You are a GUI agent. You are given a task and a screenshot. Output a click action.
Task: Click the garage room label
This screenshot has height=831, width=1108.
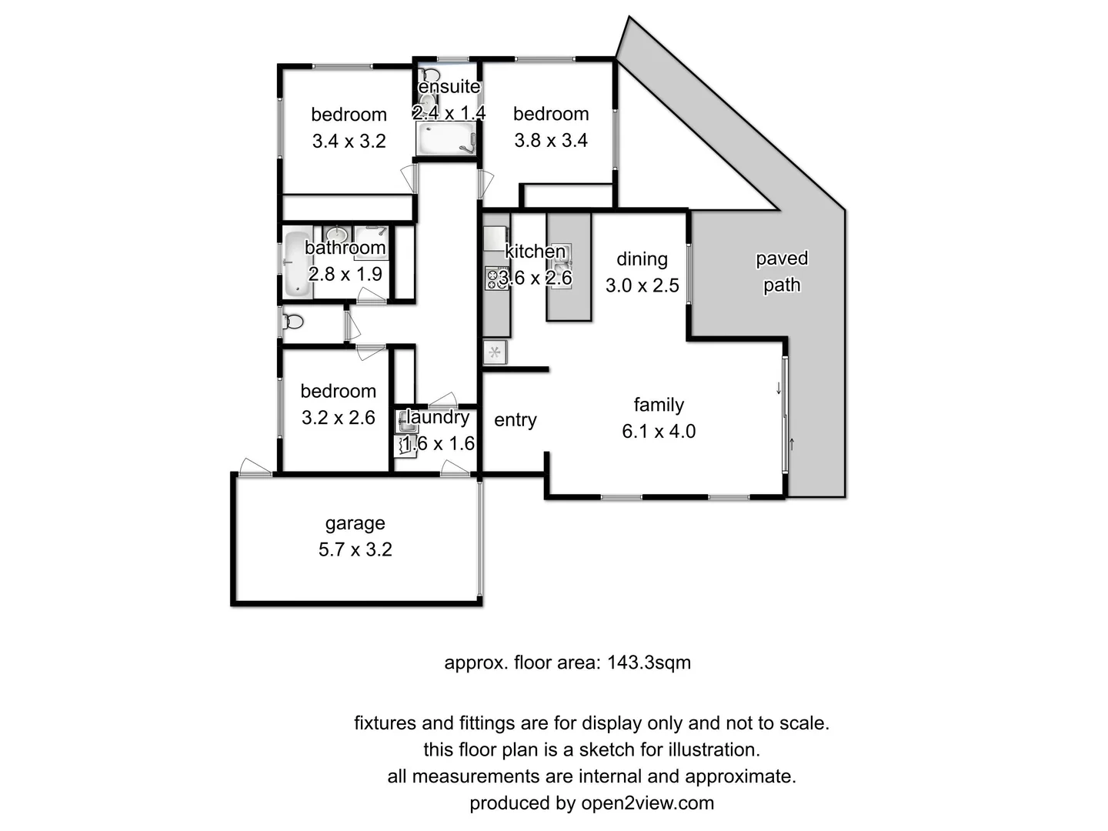(x=355, y=523)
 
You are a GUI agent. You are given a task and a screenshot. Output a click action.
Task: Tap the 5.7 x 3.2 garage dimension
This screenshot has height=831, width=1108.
(x=355, y=549)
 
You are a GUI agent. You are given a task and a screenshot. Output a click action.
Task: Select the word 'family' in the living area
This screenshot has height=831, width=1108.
(x=659, y=405)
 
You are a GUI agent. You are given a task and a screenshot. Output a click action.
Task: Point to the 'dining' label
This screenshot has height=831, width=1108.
(x=642, y=259)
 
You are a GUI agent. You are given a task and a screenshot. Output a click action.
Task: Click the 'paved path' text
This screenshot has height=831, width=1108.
(x=782, y=272)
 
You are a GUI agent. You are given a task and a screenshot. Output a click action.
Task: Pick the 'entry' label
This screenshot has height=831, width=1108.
(x=516, y=420)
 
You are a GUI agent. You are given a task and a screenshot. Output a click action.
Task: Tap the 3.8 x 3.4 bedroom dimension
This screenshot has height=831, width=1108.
(x=551, y=140)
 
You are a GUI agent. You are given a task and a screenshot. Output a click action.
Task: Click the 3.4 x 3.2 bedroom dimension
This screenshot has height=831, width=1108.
(x=349, y=141)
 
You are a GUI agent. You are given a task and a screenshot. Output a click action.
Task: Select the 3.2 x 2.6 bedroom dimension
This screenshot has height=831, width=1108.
(x=338, y=418)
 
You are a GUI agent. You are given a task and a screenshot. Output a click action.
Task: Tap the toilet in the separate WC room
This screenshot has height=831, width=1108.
(x=293, y=322)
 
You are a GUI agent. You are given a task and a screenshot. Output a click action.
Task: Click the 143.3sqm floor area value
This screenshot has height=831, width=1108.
(x=649, y=662)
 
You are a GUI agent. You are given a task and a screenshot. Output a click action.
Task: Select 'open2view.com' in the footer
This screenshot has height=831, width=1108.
(x=647, y=803)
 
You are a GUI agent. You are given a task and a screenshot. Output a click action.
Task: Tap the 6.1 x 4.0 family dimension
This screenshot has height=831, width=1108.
(x=659, y=432)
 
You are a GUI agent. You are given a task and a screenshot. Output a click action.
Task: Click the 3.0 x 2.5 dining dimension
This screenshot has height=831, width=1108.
(x=642, y=285)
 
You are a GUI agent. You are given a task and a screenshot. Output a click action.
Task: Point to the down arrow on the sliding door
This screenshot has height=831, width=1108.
(x=779, y=389)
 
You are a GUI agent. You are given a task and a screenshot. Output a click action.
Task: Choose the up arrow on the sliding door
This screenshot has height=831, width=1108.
(x=792, y=444)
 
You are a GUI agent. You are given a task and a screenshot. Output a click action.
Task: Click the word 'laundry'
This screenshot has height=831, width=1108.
(x=438, y=417)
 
